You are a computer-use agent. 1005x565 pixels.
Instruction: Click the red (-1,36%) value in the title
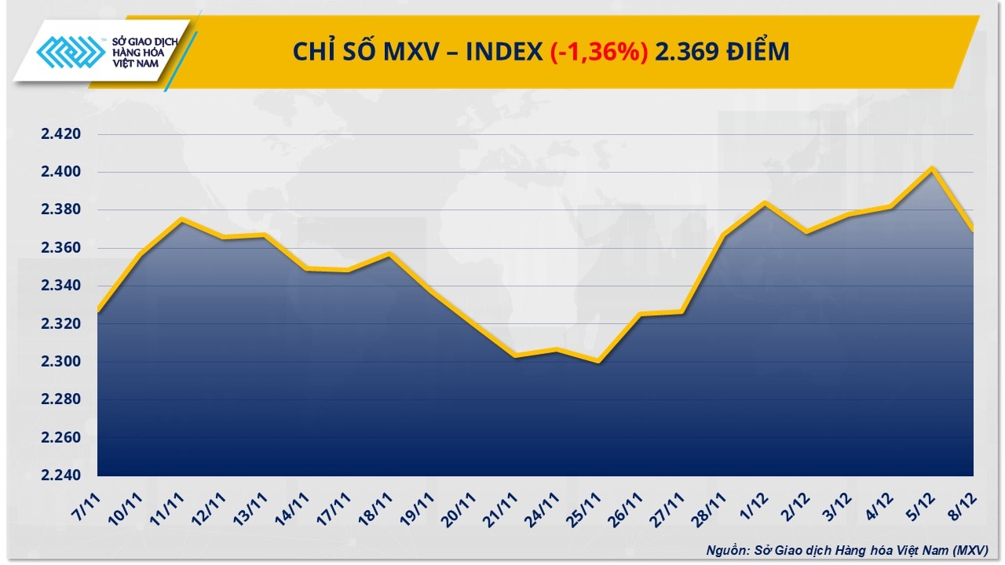pyautogui.click(x=599, y=52)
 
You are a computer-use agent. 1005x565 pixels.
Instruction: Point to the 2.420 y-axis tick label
pyautogui.click(x=61, y=134)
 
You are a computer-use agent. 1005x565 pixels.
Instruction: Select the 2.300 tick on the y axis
pyautogui.click(x=61, y=362)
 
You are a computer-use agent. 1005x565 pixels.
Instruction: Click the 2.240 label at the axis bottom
pyautogui.click(x=61, y=476)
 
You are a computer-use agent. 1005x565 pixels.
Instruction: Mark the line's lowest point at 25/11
pyautogui.click(x=599, y=362)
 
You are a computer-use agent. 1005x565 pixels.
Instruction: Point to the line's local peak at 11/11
pyautogui.click(x=181, y=220)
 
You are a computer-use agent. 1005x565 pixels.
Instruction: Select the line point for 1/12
pyautogui.click(x=766, y=203)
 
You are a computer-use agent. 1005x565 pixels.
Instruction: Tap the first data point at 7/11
pyautogui.click(x=98, y=311)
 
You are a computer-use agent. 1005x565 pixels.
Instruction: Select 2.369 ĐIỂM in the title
pyautogui.click(x=722, y=52)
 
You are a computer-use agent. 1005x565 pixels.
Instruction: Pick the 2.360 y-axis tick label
pyautogui.click(x=61, y=248)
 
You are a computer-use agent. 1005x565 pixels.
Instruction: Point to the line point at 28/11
pyautogui.click(x=724, y=235)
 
